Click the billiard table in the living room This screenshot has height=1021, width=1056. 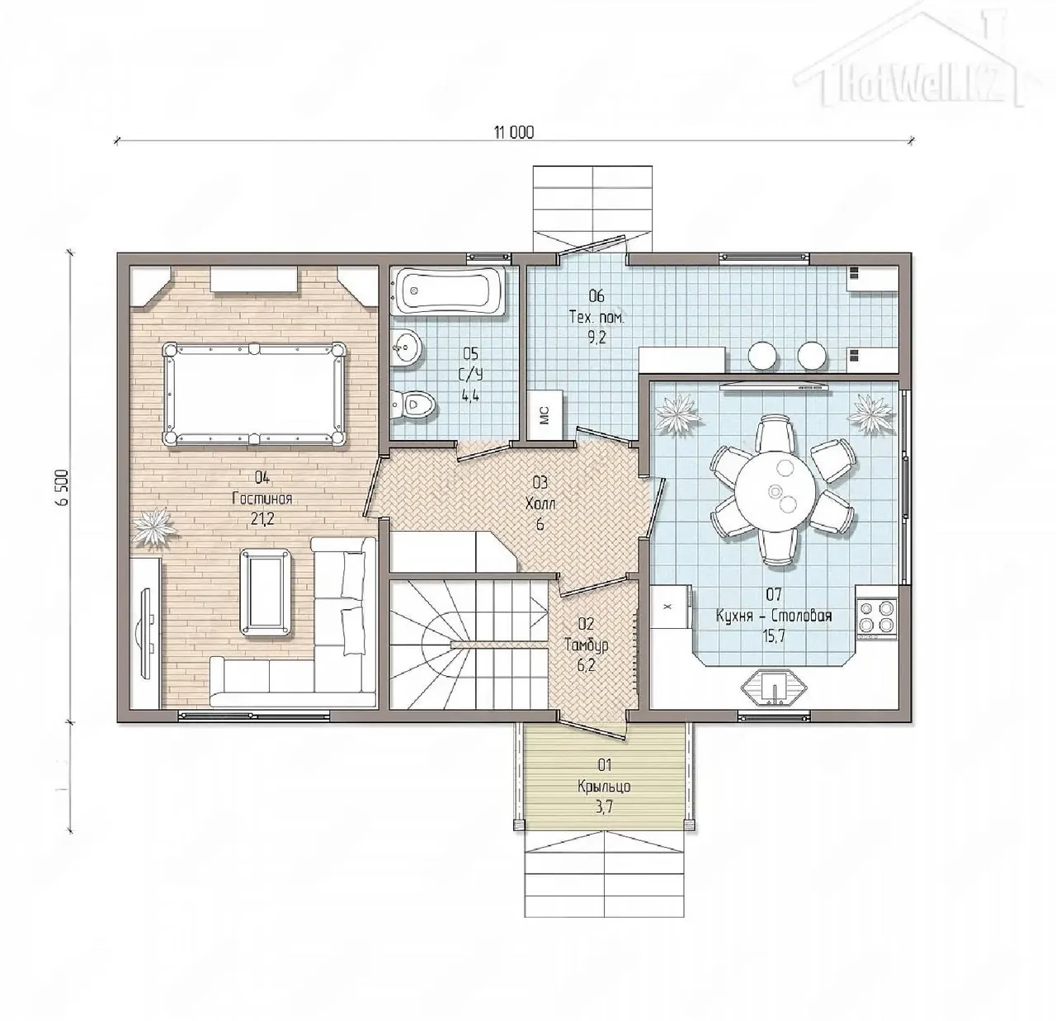point(254,394)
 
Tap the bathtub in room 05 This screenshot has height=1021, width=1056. point(449,292)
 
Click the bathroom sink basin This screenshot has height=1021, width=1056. point(405,346)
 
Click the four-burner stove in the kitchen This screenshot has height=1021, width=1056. point(876,616)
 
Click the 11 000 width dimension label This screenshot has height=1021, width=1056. point(513,132)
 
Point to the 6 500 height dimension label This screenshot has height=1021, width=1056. point(63,488)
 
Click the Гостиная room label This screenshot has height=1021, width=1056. point(262,499)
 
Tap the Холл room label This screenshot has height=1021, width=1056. point(540,503)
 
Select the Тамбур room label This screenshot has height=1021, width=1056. point(587,645)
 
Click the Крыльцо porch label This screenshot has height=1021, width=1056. point(605,787)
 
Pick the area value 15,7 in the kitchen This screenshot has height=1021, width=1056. point(774,636)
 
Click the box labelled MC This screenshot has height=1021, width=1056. point(545,414)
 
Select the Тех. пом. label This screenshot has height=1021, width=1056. point(596,316)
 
